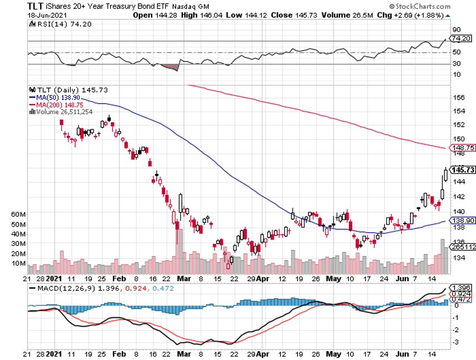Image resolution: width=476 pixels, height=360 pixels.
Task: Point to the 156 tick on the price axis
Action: [x=457, y=97]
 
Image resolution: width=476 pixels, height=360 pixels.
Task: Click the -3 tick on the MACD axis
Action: [x=456, y=342]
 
